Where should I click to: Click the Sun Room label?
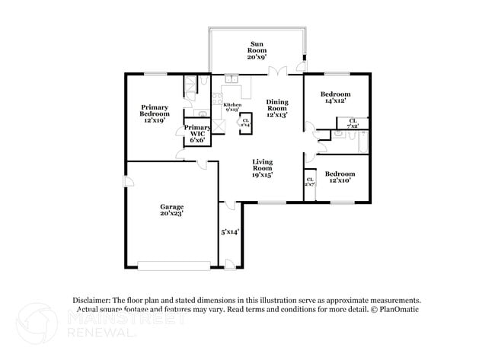point(257,50)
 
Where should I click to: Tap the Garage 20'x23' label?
point(171,211)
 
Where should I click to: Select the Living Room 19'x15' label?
point(263,168)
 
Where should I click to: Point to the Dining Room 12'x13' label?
point(277,109)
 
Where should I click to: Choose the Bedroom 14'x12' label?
point(336,97)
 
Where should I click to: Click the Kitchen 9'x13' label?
point(232,107)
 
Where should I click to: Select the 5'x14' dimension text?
point(230,232)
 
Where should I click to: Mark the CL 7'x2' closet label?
point(353,123)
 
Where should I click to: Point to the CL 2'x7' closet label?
point(310,183)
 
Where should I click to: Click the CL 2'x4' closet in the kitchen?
point(245,122)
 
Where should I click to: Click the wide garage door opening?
point(174,266)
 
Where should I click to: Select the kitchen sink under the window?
point(232,78)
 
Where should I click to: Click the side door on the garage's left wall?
point(127,183)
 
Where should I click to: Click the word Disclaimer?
point(92,301)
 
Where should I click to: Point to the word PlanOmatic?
point(398,310)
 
